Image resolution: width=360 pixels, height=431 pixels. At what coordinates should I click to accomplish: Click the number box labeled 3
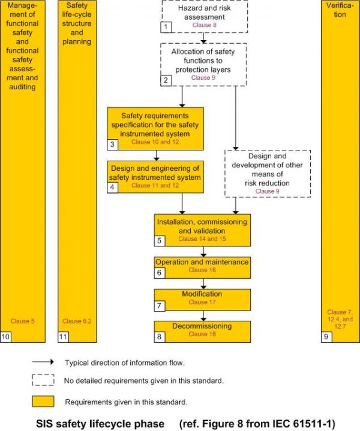113,144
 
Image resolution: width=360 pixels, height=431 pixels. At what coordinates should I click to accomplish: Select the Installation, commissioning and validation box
202,230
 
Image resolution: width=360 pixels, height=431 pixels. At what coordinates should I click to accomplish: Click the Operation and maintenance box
202,266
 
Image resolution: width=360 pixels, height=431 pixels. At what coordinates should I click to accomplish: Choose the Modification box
202,298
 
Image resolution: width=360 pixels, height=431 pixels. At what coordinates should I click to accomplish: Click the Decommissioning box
202,330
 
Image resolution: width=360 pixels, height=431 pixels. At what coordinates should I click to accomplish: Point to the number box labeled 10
6,337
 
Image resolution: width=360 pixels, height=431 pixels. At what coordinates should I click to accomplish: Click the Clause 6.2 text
77,321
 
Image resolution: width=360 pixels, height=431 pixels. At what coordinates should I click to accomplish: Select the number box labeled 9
326,337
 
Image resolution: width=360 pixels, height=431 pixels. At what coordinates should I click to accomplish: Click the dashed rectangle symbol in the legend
43,380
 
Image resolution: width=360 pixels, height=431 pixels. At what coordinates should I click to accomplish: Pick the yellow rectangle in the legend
43,400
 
